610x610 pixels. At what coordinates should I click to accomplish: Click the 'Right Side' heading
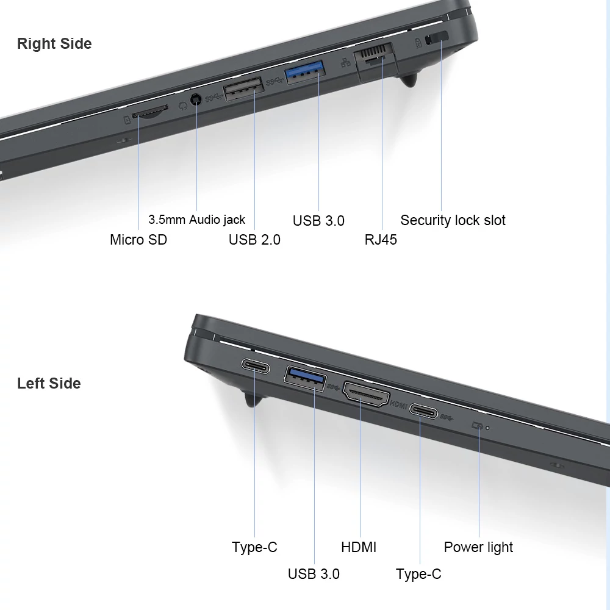(x=54, y=43)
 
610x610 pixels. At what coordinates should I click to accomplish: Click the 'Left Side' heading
(x=49, y=383)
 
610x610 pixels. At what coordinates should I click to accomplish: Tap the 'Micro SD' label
(x=138, y=240)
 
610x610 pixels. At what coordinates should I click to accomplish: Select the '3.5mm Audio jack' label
(x=196, y=220)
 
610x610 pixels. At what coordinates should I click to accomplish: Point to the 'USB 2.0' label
(x=254, y=240)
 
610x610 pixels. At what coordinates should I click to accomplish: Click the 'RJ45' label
(x=381, y=240)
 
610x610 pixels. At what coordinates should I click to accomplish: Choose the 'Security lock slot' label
(x=453, y=220)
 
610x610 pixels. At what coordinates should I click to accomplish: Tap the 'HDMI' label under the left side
(x=359, y=547)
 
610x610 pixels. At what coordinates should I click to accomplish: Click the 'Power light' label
(x=478, y=547)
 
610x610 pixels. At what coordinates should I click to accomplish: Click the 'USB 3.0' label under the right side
(x=318, y=221)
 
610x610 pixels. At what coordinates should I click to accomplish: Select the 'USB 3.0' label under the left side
(x=314, y=574)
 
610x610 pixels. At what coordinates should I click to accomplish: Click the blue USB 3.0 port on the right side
(x=306, y=72)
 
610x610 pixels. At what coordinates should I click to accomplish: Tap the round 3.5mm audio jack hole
(x=196, y=100)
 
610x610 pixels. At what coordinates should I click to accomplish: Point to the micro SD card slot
(x=150, y=112)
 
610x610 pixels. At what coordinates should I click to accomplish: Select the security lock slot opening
(x=437, y=38)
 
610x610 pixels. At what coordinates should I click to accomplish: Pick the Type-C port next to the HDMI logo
(x=424, y=411)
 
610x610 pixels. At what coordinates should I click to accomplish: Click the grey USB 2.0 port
(x=244, y=88)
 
